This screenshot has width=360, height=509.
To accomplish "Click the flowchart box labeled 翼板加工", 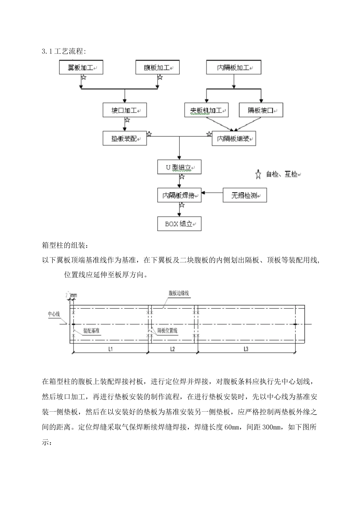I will (x=81, y=68).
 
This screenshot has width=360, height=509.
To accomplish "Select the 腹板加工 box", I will (x=157, y=68).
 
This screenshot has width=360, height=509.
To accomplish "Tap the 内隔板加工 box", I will (x=233, y=68).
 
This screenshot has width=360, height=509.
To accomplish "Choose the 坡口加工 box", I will (x=125, y=111).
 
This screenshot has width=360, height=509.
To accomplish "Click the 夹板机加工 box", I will (x=207, y=111).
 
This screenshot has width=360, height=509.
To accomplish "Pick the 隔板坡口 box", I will (x=261, y=111).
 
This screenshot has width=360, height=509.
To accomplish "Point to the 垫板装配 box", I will (x=125, y=139).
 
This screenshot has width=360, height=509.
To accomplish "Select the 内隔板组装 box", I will (x=233, y=139).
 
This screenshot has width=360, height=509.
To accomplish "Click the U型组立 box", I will (x=179, y=167).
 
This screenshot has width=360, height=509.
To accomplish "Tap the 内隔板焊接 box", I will (x=179, y=195).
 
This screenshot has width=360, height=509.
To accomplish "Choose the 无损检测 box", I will (x=244, y=195).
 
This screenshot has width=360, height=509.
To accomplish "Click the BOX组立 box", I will (x=179, y=223).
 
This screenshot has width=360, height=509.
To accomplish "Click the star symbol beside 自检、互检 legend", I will (x=258, y=175).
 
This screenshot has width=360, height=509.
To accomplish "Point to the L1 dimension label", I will (x=110, y=350).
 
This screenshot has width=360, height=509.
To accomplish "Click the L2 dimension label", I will (x=172, y=350).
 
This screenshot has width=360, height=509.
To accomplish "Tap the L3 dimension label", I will (x=245, y=350).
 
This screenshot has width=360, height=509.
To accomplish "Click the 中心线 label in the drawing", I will (x=53, y=314).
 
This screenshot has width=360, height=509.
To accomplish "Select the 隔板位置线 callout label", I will (x=167, y=331).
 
